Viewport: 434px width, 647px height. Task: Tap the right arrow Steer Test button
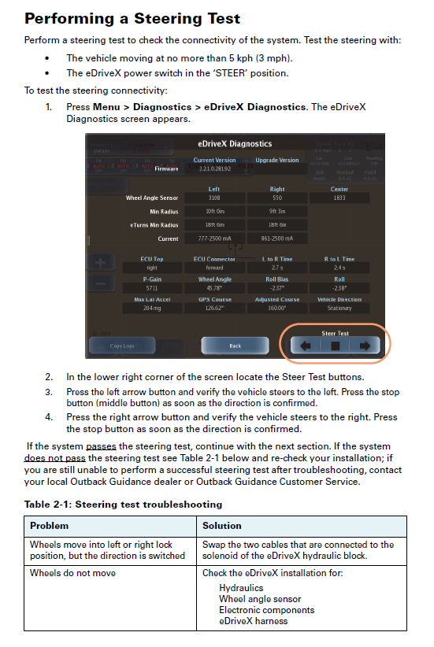point(365,345)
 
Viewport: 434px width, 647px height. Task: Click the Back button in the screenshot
point(235,346)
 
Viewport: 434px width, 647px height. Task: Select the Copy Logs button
point(121,346)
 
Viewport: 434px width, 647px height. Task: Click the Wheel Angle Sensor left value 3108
point(214,198)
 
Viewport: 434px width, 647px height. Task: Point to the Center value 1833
point(339,198)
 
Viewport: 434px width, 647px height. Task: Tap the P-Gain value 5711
point(152,288)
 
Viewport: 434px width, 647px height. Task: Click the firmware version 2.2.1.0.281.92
point(214,168)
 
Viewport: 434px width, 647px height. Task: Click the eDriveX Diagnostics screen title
point(234,144)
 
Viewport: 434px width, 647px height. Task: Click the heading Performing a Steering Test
point(132,19)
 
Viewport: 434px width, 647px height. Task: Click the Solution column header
point(221,525)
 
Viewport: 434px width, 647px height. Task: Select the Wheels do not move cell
point(72,573)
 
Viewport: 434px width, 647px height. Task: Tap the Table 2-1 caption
point(123,504)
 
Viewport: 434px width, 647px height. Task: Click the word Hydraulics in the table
point(241,587)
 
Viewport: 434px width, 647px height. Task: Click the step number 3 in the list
point(49,391)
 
